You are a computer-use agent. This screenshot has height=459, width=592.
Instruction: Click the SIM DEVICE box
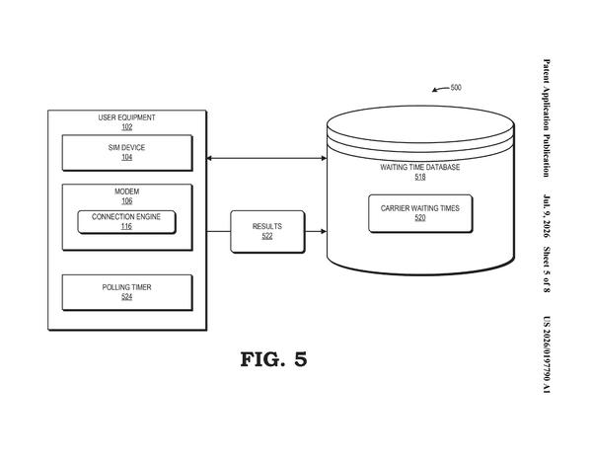(x=127, y=153)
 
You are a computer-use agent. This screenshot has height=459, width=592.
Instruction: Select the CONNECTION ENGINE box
(x=126, y=222)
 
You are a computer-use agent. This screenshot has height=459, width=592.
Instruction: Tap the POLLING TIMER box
(x=127, y=292)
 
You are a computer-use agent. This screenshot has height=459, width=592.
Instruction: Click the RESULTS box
(x=267, y=231)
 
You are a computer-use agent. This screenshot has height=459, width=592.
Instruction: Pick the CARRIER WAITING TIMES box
(x=420, y=213)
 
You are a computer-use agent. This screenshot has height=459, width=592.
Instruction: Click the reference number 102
(x=127, y=127)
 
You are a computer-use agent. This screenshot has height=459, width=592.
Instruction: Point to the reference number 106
(x=127, y=201)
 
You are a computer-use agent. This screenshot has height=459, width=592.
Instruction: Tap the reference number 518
(x=420, y=177)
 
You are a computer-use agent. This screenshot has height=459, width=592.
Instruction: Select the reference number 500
(x=456, y=88)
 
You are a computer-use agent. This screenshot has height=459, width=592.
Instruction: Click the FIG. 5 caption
(x=273, y=359)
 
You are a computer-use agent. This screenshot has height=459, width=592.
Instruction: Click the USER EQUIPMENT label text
(x=127, y=117)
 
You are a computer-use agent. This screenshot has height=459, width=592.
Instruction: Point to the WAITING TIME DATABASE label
(x=420, y=167)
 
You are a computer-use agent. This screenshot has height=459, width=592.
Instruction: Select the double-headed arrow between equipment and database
(x=266, y=158)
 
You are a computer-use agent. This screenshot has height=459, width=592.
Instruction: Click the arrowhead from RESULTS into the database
(x=324, y=231)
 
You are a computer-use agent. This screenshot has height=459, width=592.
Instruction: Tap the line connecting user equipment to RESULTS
(x=219, y=231)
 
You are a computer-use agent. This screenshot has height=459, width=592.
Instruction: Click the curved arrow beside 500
(x=441, y=89)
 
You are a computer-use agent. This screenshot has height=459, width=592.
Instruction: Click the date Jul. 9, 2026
(x=547, y=216)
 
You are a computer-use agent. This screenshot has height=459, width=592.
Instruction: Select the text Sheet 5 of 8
(x=547, y=269)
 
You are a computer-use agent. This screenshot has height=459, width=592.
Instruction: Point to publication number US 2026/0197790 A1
(x=547, y=354)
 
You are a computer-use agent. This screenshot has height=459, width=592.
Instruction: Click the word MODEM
(x=127, y=191)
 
